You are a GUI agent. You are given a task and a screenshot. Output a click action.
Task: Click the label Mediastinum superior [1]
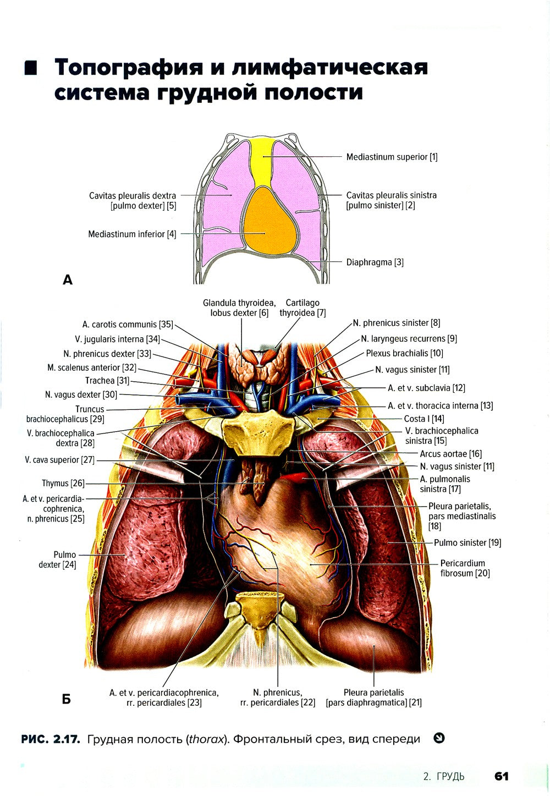392,157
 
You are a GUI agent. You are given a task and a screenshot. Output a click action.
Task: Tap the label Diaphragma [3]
375,262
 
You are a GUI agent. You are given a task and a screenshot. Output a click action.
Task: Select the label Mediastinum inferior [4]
132,234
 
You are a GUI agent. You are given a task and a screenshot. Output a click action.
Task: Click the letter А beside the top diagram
68,280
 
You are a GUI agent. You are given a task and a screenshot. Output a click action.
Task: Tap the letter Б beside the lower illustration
67,699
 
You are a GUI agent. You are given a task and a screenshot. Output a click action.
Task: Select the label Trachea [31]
107,381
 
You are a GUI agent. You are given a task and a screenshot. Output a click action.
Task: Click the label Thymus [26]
63,484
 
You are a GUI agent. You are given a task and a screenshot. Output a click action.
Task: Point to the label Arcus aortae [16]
450,454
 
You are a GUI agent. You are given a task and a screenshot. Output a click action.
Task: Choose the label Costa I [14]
424,419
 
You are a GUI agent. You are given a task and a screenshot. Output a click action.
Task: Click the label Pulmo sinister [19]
468,543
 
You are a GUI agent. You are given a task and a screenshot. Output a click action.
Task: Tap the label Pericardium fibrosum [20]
465,568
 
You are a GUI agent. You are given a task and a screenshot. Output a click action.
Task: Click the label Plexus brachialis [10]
404,353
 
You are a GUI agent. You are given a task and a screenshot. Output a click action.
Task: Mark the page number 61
501,776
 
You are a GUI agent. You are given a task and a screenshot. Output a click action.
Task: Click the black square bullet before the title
31,69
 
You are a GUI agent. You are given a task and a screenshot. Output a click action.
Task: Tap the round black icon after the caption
439,738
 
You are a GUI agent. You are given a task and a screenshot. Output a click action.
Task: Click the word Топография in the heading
131,67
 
